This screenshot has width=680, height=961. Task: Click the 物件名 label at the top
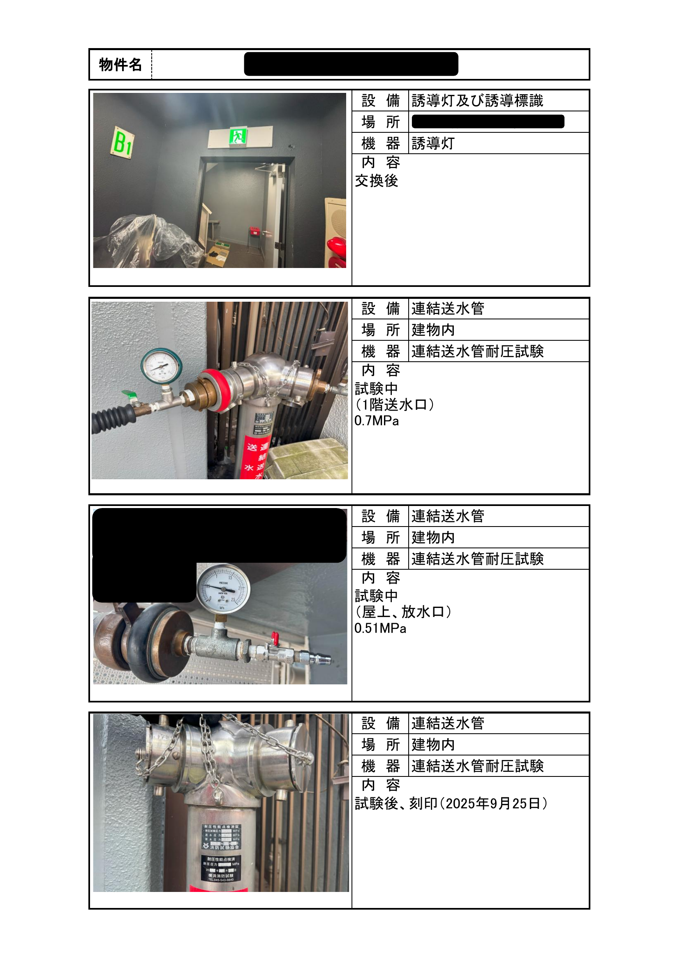pyautogui.click(x=120, y=65)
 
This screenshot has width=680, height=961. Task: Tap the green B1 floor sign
pyautogui.click(x=122, y=143)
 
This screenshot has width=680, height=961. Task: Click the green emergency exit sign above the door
pyautogui.click(x=237, y=136)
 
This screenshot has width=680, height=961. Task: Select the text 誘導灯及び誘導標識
pyautogui.click(x=477, y=101)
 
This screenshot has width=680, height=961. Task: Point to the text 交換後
pyautogui.click(x=376, y=181)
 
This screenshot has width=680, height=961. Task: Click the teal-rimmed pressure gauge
pyautogui.click(x=161, y=365)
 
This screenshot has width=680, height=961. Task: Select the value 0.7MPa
pyautogui.click(x=376, y=420)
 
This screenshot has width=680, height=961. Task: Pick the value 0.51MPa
pyautogui.click(x=380, y=628)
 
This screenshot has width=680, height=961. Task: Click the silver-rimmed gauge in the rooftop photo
pyautogui.click(x=223, y=589)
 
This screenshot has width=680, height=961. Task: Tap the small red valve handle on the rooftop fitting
pyautogui.click(x=274, y=638)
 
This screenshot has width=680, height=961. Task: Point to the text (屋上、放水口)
pyautogui.click(x=403, y=612)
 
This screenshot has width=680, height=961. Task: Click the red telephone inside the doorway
pyautogui.click(x=254, y=231)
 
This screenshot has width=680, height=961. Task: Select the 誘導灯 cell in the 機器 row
pyautogui.click(x=433, y=143)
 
